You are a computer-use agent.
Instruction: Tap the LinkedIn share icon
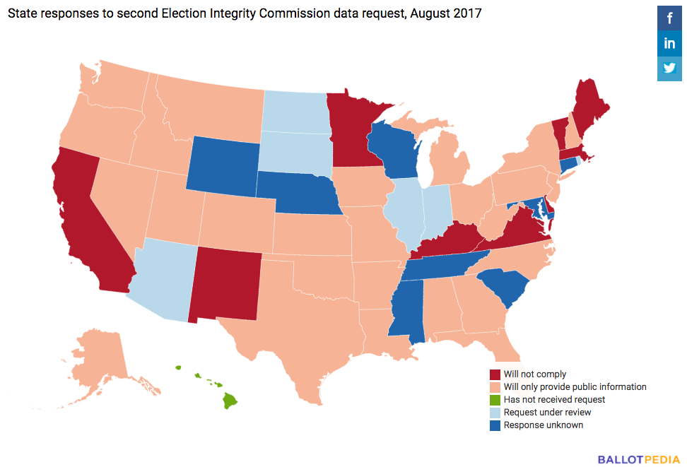pyautogui.click(x=669, y=44)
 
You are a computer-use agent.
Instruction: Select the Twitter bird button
pyautogui.click(x=669, y=69)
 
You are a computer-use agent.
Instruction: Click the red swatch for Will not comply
pyautogui.click(x=495, y=374)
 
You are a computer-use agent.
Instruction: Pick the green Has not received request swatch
pyautogui.click(x=495, y=400)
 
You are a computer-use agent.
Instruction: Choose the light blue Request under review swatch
pyautogui.click(x=495, y=413)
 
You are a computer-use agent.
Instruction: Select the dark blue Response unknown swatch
pyautogui.click(x=495, y=425)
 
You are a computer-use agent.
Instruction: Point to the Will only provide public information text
pyautogui.click(x=575, y=387)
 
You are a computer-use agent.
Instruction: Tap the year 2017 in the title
pyautogui.click(x=467, y=13)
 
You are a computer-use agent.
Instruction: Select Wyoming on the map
pyautogui.click(x=222, y=162)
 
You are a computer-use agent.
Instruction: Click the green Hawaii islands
pyautogui.click(x=229, y=401)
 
